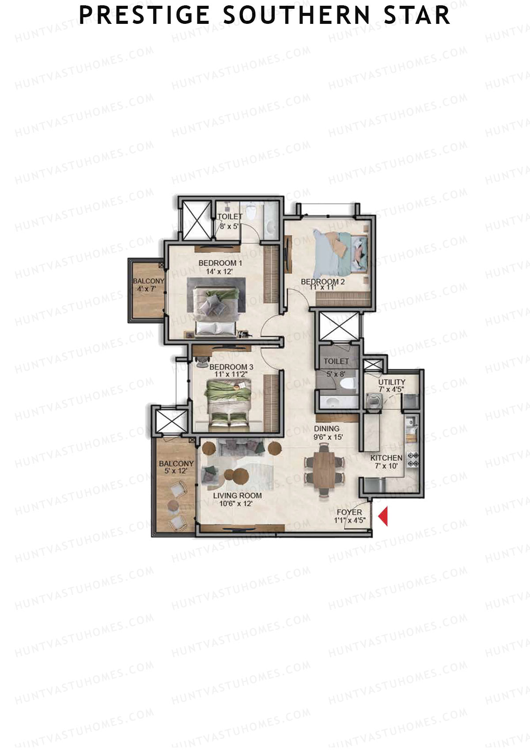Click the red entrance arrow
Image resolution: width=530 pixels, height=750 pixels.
click(383, 516)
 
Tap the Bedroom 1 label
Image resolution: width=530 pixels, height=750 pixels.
click(220, 263)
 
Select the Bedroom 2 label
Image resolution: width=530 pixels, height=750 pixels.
click(322, 282)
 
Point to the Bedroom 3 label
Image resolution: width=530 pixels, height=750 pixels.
click(231, 367)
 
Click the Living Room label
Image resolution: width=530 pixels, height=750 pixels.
click(237, 495)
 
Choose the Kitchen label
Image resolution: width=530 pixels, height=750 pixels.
click(386, 458)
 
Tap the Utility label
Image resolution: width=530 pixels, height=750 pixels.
click(391, 382)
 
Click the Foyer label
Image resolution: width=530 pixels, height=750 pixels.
click(349, 512)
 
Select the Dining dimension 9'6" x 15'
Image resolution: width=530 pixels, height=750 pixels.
click(328, 437)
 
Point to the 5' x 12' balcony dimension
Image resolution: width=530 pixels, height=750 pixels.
click(176, 471)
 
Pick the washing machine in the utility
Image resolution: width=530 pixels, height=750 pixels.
click(373, 400)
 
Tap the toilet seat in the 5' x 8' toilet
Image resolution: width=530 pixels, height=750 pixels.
click(350, 384)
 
